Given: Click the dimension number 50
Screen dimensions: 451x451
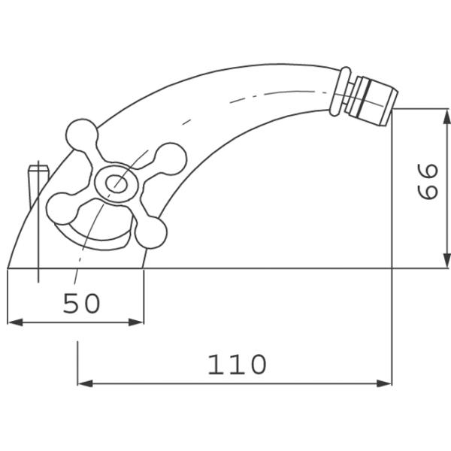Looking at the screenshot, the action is tap(82, 303).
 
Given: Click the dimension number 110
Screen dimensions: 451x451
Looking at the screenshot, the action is tap(237, 364).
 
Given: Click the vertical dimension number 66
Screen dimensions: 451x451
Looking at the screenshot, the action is tap(428, 181).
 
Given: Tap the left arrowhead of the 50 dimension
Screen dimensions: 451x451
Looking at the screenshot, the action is tap(15, 322).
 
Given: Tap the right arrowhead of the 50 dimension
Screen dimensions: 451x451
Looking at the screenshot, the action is tap(136, 322).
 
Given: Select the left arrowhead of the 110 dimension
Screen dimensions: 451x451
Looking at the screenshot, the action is tap(85, 383).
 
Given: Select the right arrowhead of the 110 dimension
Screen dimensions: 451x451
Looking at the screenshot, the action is tap(384, 383).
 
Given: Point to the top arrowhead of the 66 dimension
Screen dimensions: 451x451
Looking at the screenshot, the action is tap(446, 117).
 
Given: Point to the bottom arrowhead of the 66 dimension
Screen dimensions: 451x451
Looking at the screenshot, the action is tap(446, 261).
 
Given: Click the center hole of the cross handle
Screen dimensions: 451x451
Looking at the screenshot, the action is tap(117, 183).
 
